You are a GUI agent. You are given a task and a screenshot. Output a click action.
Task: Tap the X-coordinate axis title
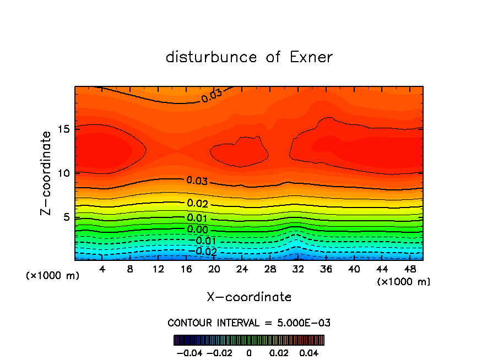click(249, 297)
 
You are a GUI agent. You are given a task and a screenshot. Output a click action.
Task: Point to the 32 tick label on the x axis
click(298, 269)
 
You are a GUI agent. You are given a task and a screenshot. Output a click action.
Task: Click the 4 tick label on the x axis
click(102, 269)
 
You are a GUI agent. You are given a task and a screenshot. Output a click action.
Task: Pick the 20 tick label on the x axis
click(214, 269)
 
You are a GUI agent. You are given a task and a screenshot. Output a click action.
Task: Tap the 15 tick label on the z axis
click(63, 129)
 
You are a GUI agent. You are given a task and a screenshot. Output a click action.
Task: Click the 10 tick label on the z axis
click(63, 173)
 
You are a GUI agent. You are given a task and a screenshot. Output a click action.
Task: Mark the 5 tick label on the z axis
click(66, 217)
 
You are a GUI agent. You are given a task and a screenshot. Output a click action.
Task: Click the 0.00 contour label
click(197, 230)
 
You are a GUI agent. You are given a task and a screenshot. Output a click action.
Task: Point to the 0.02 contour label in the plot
click(197, 204)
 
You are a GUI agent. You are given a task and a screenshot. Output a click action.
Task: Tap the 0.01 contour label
click(197, 219)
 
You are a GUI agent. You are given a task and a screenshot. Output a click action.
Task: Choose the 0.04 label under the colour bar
click(310, 352)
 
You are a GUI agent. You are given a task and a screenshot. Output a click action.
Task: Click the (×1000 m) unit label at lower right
click(404, 281)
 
